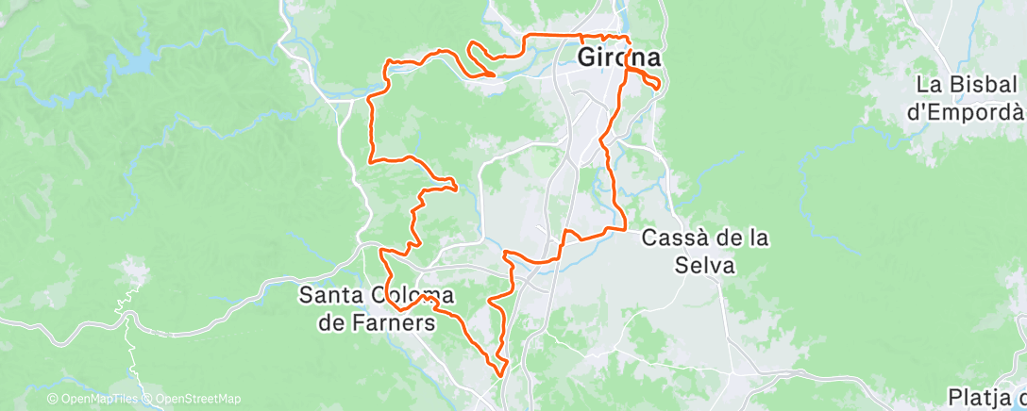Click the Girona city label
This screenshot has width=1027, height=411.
[x=617, y=57]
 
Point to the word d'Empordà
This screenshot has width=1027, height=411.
[x=966, y=110]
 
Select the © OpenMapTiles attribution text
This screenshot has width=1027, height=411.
[x=92, y=400]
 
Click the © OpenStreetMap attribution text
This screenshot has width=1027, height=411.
[x=192, y=400]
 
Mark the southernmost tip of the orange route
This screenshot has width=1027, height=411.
[x=497, y=373]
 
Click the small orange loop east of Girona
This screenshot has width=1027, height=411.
[x=648, y=82]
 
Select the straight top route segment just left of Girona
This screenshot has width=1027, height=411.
[x=552, y=35]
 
